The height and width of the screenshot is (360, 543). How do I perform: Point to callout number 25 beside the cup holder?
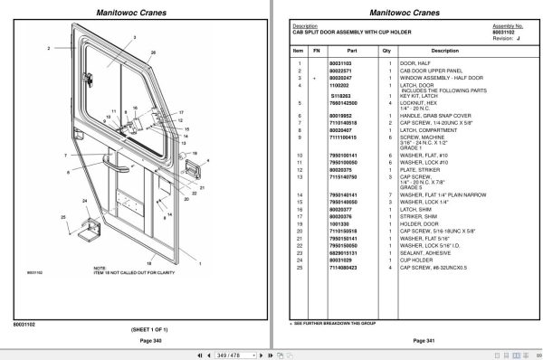pyautogui.click(x=62, y=216)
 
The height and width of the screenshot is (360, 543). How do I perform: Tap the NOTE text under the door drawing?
pyautogui.click(x=99, y=267)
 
